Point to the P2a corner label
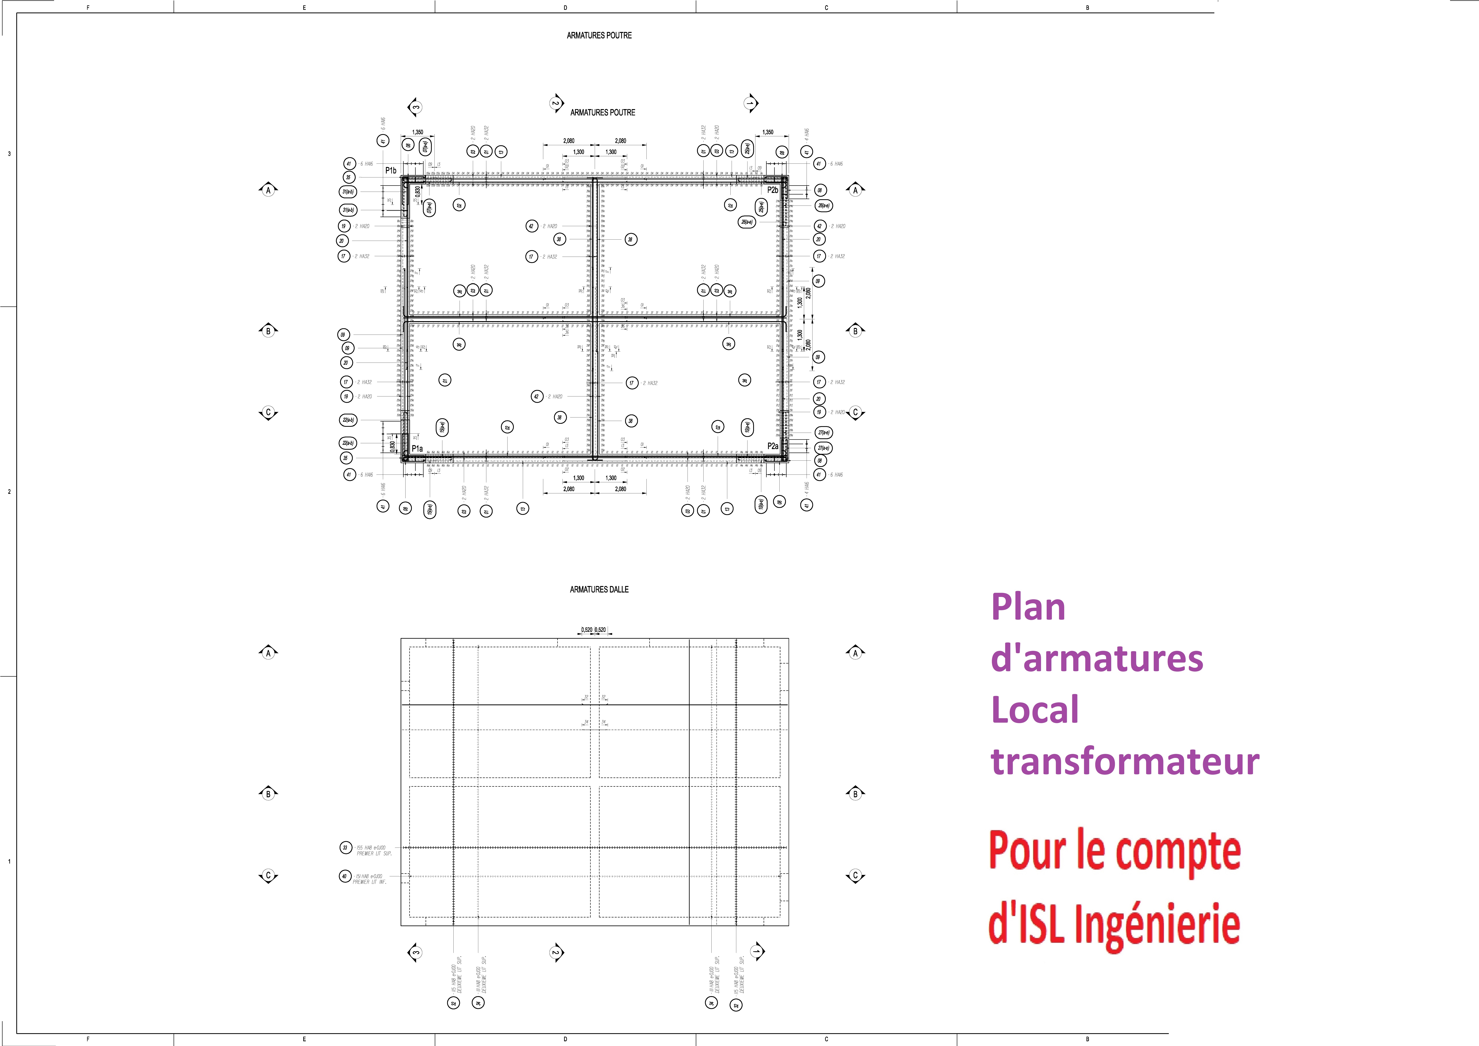[x=772, y=446]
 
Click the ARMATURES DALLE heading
[x=599, y=589]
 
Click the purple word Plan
[x=1028, y=607]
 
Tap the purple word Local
[x=1035, y=710]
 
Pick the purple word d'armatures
[x=1096, y=659]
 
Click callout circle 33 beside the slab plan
[x=345, y=848]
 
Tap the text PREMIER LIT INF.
[x=370, y=882]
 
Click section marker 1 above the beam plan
[x=750, y=103]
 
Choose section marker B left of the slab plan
[x=268, y=793]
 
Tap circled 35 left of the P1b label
[x=348, y=177]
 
